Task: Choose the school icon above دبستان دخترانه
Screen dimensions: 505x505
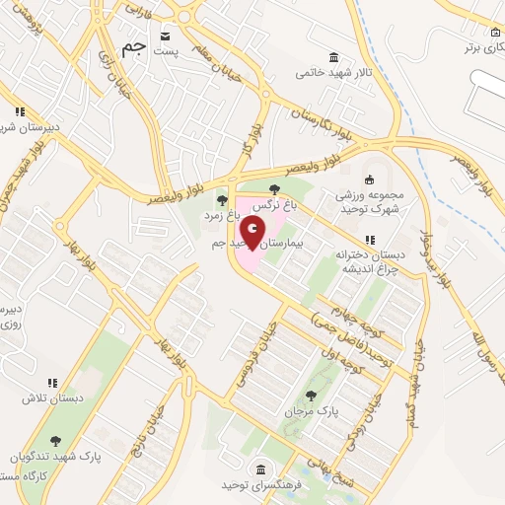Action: pos(369,240)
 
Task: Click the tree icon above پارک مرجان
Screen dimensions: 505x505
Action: pos(312,395)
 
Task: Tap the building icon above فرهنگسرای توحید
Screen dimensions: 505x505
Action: pos(259,469)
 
